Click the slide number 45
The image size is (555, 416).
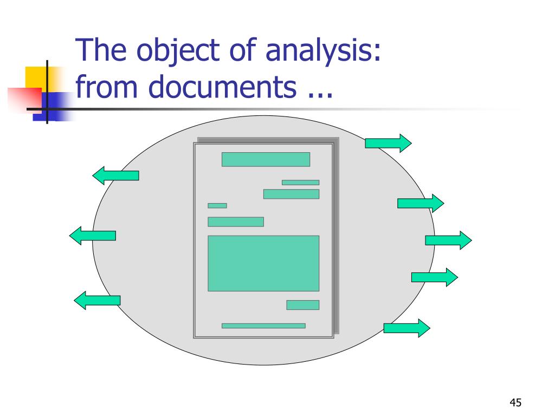(515, 402)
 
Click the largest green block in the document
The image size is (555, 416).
(263, 263)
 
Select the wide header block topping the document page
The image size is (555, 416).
(266, 159)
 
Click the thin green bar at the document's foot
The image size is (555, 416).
(263, 326)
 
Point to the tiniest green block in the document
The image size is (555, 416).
(217, 205)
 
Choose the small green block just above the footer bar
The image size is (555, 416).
(302, 305)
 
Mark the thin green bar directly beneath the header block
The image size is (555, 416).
(300, 183)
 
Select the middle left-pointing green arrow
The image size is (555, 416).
(93, 236)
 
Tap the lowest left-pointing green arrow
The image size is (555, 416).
(97, 300)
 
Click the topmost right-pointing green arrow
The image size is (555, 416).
(388, 143)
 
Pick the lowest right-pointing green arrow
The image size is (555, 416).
(406, 328)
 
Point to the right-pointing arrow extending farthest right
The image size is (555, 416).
(448, 240)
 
